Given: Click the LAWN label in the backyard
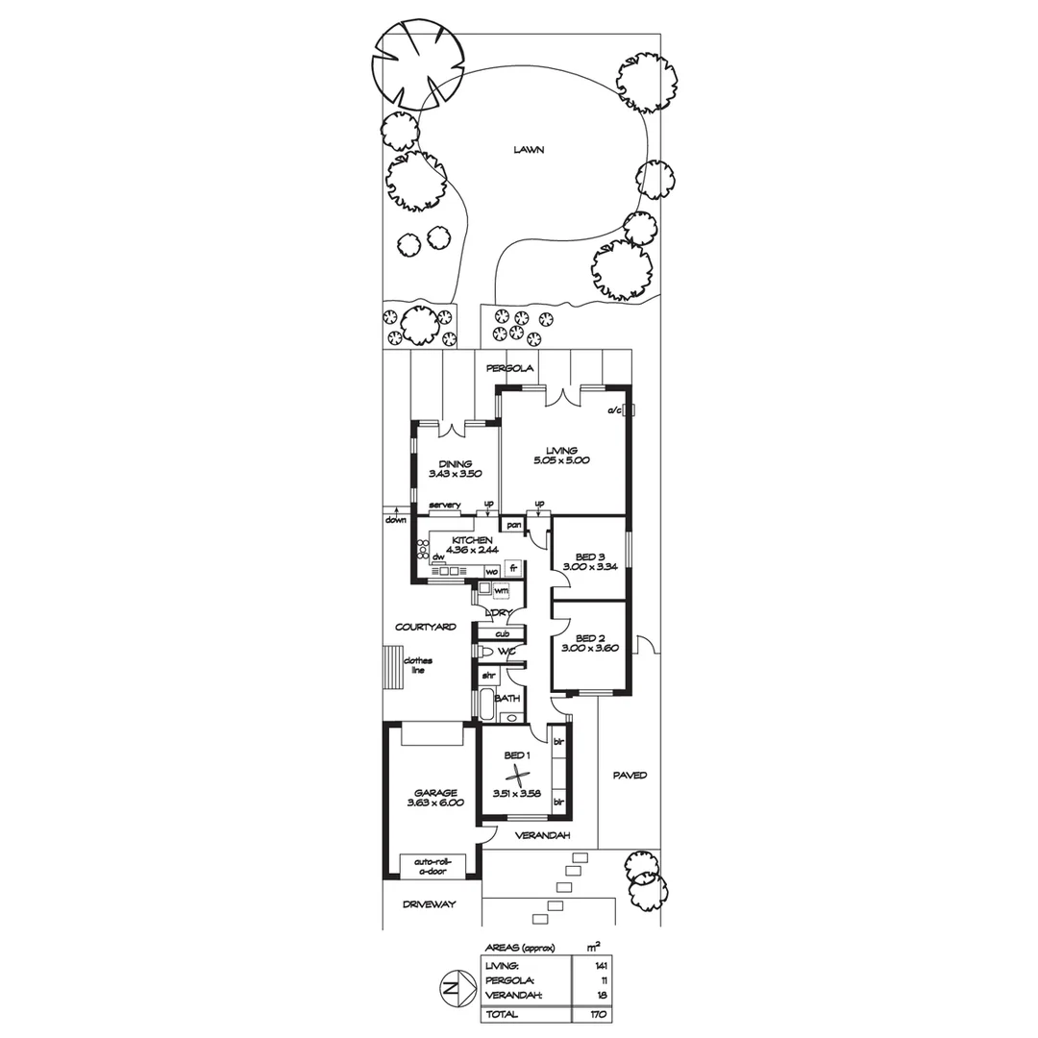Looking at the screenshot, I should coord(529,150).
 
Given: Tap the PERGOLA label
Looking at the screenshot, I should coord(509,368).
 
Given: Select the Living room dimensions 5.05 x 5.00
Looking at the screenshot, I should coord(561,460).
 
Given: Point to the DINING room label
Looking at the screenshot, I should coord(456,463).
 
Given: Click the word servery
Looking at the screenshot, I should coord(445,506).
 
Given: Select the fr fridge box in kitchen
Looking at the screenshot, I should coord(513,569).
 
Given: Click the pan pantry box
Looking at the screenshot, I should coord(513,525).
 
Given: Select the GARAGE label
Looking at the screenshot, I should coord(429,793).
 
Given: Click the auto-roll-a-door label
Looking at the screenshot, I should coord(432,865).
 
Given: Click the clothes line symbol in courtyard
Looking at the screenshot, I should coord(390,665).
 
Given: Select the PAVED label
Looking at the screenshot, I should coord(630,775).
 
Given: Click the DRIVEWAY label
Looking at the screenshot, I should coord(429,905).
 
